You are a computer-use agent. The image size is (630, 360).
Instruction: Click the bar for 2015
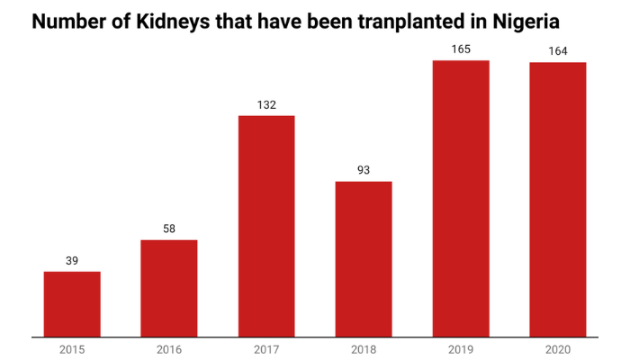coord(72,304)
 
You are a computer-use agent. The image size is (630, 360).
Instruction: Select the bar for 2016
coord(169,288)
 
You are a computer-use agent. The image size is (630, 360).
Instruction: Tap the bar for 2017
coord(266,226)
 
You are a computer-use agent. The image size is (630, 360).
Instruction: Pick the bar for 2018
coord(364,259)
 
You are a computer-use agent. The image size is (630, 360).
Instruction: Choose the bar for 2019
coord(461,199)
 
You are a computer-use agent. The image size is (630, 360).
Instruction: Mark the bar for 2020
coord(558,200)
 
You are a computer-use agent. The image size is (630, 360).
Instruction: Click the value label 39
coord(72,260)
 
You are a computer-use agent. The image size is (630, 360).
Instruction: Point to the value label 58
coord(169,229)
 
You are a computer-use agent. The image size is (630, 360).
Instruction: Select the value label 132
coord(266,104)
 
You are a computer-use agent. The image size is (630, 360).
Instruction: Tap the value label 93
coord(364,170)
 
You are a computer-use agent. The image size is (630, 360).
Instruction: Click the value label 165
coord(461,49)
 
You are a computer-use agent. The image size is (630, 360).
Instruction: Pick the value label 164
coord(558,50)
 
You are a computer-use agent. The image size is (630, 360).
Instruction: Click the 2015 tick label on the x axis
coord(72,349)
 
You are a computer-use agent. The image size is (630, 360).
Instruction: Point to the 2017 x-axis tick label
coord(266,349)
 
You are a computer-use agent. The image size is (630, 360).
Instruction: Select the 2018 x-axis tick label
coord(364,349)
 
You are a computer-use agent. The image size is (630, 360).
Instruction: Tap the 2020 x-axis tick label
coord(558,349)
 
